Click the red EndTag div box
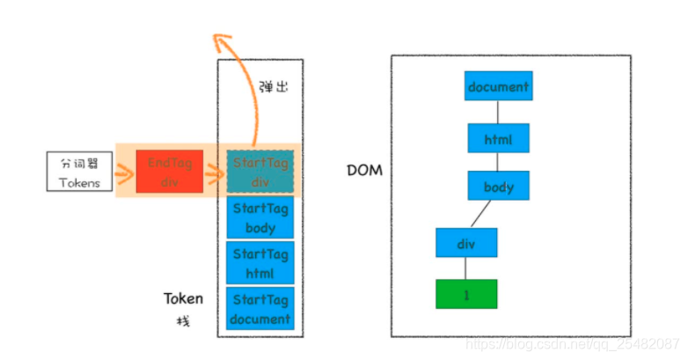pyautogui.click(x=169, y=172)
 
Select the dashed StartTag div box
pyautogui.click(x=260, y=172)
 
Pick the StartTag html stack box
pyautogui.click(x=260, y=263)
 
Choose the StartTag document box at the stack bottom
pyautogui.click(x=260, y=309)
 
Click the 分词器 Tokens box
pyautogui.click(x=80, y=172)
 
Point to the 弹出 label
pyautogui.click(x=274, y=87)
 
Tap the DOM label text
pyautogui.click(x=365, y=170)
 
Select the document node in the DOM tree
pyautogui.click(x=498, y=86)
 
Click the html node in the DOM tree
pyautogui.click(x=498, y=138)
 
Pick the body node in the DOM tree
pyautogui.click(x=498, y=187)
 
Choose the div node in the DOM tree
pyautogui.click(x=466, y=242)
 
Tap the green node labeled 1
pyautogui.click(x=466, y=294)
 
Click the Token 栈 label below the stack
pyautogui.click(x=183, y=308)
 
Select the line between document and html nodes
pyautogui.click(x=498, y=112)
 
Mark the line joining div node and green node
pyautogui.click(x=466, y=268)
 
